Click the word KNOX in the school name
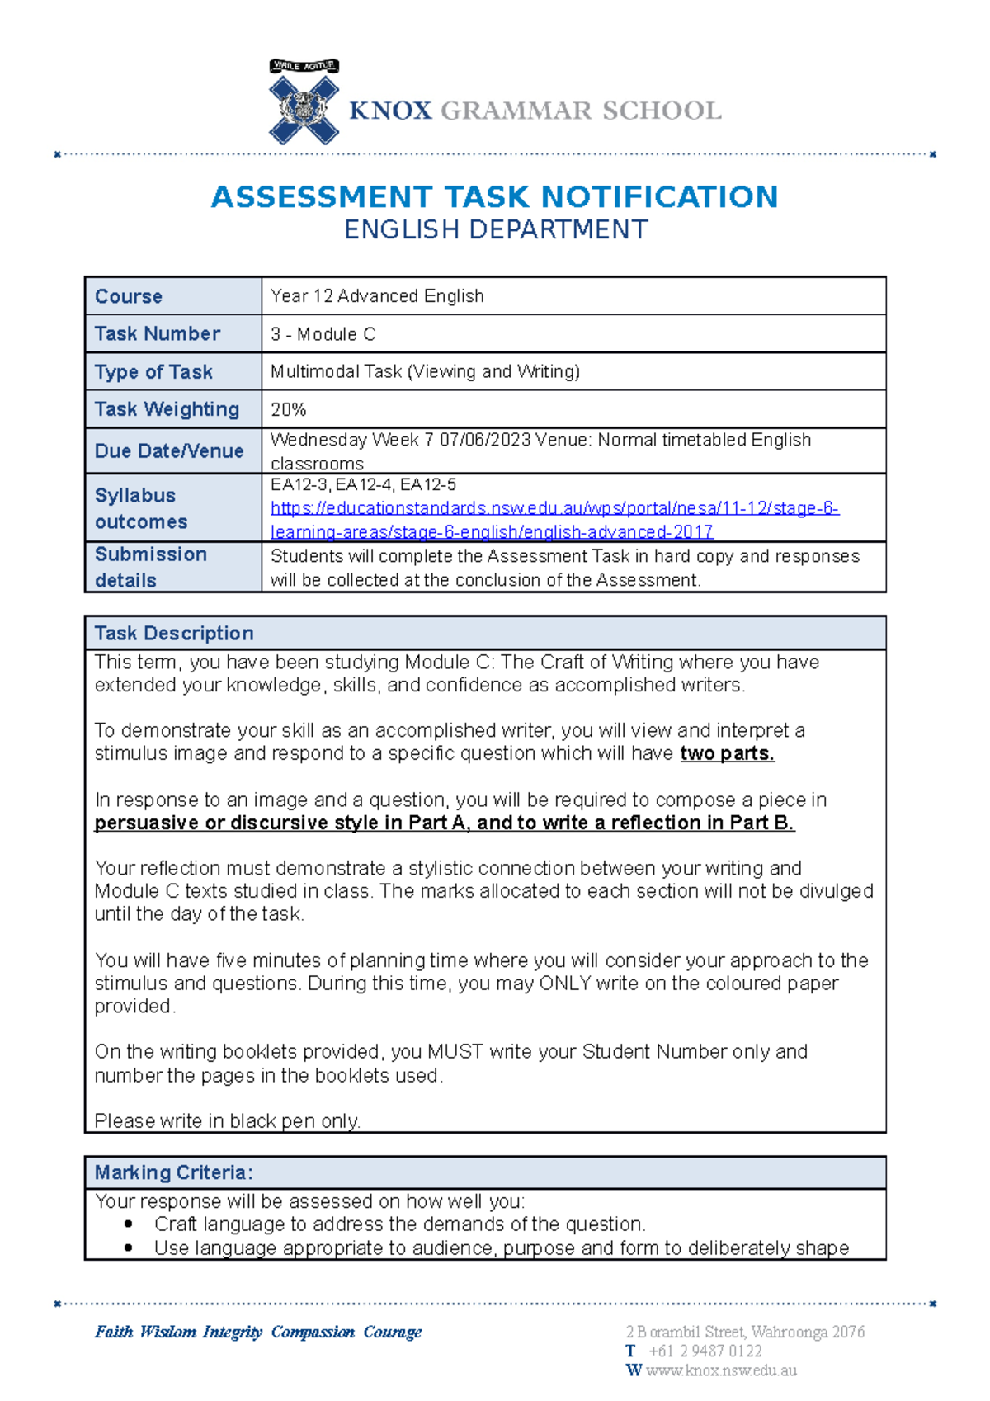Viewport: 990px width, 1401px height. (x=390, y=111)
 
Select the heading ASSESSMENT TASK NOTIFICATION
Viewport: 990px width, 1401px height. (x=494, y=197)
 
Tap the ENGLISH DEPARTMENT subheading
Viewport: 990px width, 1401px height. (x=496, y=229)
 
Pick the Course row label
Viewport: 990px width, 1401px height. (x=129, y=296)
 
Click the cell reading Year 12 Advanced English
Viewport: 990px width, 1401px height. (x=377, y=296)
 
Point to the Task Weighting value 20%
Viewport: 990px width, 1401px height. (x=288, y=409)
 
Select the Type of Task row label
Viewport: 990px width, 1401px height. (x=153, y=372)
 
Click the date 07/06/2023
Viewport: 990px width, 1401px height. (x=484, y=440)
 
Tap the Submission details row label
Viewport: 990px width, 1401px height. (x=150, y=567)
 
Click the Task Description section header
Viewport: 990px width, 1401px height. (x=174, y=633)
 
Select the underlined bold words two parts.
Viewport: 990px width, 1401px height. (x=727, y=753)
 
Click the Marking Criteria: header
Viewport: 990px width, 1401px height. (x=173, y=1172)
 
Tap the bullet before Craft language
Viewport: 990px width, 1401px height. (x=128, y=1224)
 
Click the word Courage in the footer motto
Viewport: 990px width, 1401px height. (x=392, y=1332)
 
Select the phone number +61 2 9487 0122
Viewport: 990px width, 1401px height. (x=705, y=1351)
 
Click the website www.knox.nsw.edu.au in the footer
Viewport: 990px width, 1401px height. (x=721, y=1370)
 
